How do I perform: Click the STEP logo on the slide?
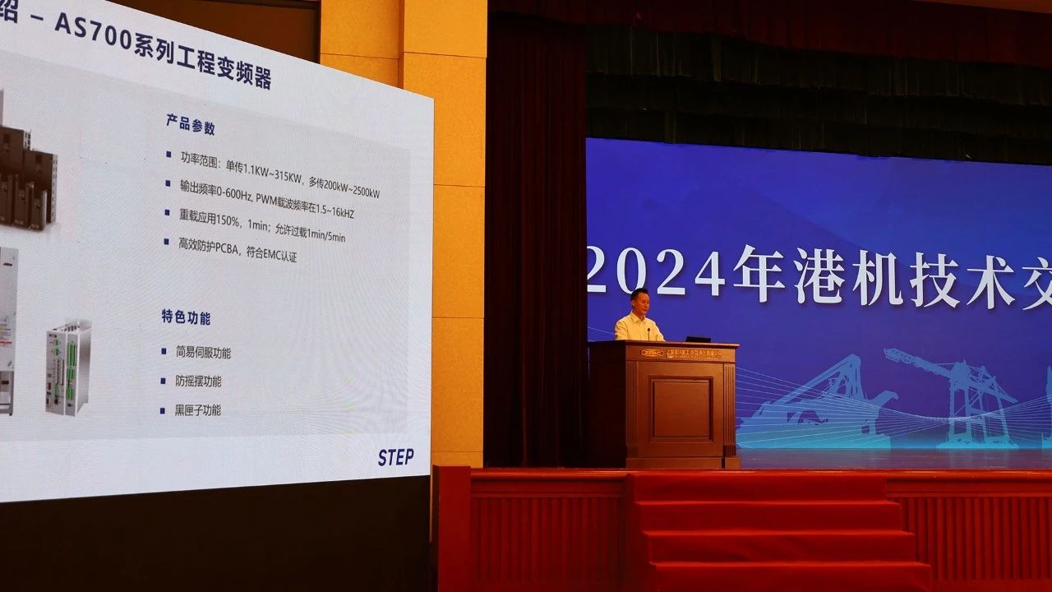tap(395, 457)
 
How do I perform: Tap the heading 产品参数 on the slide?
tap(191, 126)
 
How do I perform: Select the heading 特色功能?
tap(186, 317)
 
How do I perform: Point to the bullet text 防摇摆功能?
tap(198, 382)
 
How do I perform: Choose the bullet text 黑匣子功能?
tap(197, 409)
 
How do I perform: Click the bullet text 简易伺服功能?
tap(203, 353)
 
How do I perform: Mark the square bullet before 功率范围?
tap(168, 154)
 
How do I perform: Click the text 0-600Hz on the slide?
tap(234, 192)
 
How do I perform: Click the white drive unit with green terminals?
tap(67, 368)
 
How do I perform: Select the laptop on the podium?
tap(697, 338)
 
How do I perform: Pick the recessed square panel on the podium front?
tap(681, 408)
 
